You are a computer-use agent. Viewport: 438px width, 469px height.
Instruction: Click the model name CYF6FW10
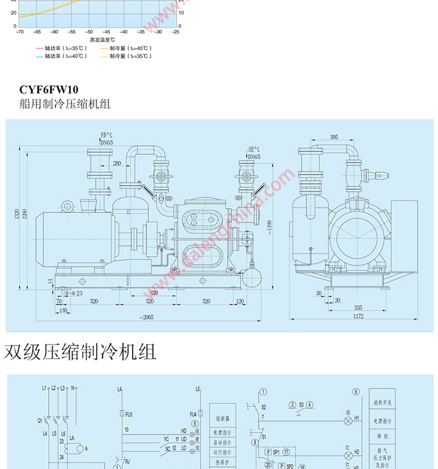point(49,90)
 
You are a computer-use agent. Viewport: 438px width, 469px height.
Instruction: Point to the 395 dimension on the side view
point(334,137)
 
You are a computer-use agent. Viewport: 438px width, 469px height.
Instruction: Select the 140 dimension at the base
point(62,310)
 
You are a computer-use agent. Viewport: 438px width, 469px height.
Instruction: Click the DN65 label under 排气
point(106,142)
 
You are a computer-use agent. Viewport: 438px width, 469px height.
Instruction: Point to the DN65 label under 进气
point(254,157)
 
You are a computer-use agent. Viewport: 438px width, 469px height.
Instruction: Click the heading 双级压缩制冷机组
point(80,352)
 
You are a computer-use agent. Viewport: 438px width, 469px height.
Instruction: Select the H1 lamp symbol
point(348,418)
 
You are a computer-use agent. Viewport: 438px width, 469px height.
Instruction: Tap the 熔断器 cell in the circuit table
point(221,425)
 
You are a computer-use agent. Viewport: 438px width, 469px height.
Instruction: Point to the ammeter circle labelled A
point(73,449)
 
